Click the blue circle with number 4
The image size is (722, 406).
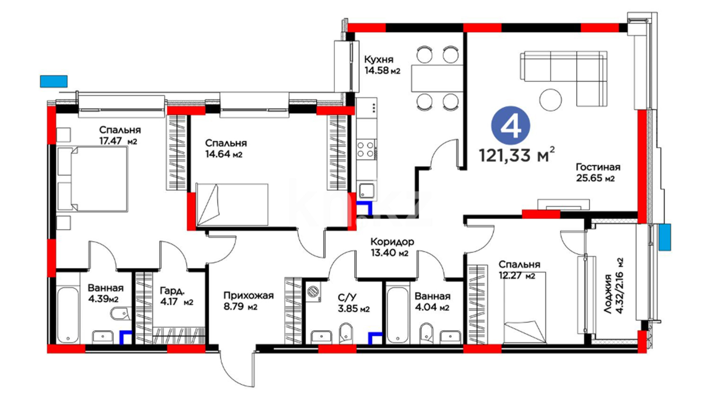click(511, 125)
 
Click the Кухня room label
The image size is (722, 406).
click(379, 59)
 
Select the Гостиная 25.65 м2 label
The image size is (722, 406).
click(598, 173)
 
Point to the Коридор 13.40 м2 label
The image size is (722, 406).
click(392, 247)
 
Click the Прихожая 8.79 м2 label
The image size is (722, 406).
click(248, 301)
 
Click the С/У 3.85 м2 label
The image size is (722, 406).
click(353, 303)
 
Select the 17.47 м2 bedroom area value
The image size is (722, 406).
click(118, 141)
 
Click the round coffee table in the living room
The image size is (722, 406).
click(551, 100)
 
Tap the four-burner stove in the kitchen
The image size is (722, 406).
click(366, 148)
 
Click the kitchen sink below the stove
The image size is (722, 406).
click(366, 190)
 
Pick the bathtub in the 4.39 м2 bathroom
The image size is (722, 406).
click(68, 315)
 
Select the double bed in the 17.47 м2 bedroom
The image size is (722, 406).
click(93, 179)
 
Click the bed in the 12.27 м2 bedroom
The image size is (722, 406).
click(525, 313)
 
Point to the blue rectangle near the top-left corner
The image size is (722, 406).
click(54, 81)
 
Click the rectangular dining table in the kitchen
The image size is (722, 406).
click(437, 79)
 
